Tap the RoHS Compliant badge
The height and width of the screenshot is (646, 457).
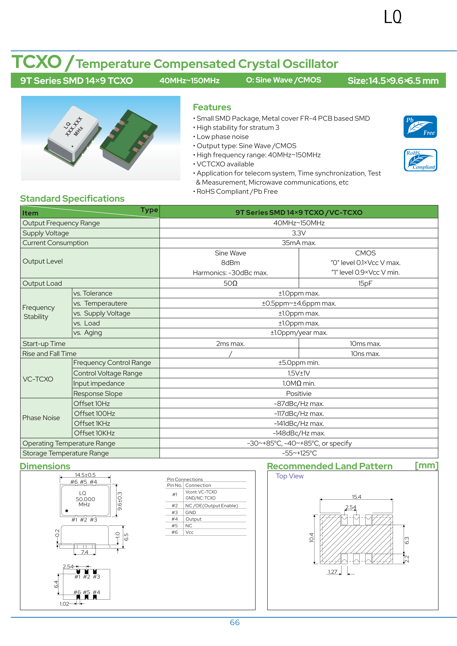[420, 160]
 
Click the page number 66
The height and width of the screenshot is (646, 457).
[235, 622]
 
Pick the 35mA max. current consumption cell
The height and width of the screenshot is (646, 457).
[299, 243]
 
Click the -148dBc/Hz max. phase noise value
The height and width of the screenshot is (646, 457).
[299, 433]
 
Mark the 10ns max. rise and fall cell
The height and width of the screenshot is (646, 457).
[365, 354]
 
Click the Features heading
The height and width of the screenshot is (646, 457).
[212, 107]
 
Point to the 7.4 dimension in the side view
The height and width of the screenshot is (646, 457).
[84, 552]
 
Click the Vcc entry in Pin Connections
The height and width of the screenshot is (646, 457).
[189, 532]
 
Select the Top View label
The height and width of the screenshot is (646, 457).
[289, 476]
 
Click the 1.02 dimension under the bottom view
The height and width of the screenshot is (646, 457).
[64, 604]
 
